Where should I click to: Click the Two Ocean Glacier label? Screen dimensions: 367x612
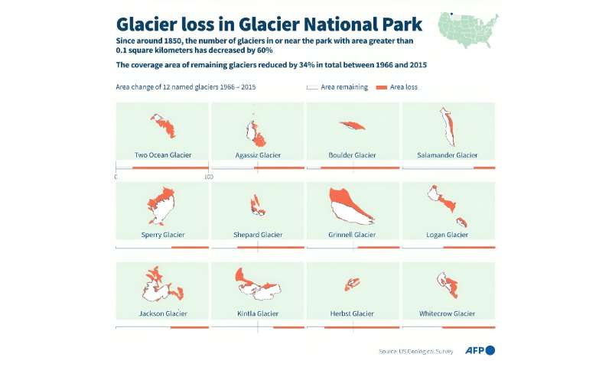point(162,155)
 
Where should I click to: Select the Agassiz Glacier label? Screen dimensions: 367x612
point(257,155)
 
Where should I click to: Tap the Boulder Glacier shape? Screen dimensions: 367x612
point(352,125)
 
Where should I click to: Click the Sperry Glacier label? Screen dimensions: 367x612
point(162,235)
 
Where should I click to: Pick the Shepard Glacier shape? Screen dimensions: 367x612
point(257,205)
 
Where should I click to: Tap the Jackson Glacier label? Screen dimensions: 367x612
point(162,313)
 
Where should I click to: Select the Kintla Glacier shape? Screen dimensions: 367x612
point(259,287)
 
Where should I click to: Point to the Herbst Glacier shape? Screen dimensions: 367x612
point(352,284)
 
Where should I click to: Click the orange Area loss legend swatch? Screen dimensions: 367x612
point(382,88)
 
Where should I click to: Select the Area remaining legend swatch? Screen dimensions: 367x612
point(311,88)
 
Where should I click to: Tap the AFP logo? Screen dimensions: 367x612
point(480,350)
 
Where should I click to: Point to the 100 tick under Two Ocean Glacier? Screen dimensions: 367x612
point(207,177)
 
